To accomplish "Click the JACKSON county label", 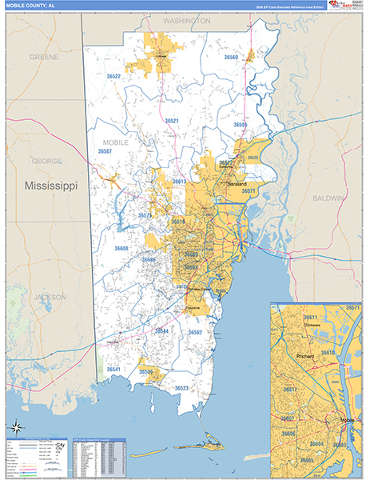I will point(50,297).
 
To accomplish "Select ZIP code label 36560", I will point(232,58).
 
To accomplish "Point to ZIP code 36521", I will point(172,121).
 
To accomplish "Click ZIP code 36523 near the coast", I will point(181,388).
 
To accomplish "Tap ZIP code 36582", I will point(195,332).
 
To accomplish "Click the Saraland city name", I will point(237,183).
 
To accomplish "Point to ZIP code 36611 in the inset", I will point(310,318).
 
